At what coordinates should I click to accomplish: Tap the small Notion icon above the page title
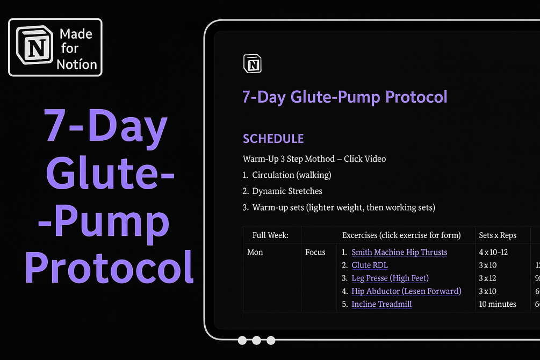click(252, 63)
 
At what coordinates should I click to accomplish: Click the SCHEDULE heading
click(273, 139)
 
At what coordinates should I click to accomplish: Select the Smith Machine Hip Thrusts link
click(399, 252)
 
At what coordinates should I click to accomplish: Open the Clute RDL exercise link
click(369, 265)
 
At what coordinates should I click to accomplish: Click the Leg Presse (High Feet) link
click(390, 278)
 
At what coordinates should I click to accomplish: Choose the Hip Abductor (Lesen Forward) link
click(406, 291)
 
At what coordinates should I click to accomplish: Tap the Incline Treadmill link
click(381, 304)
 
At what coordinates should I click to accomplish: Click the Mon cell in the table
click(255, 252)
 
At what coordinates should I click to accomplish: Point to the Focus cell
click(315, 252)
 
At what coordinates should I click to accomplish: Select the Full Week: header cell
click(270, 235)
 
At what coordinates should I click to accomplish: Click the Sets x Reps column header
click(498, 235)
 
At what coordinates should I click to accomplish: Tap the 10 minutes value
click(498, 304)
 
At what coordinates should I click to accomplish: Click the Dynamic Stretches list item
click(287, 191)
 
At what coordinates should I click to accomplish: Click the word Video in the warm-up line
click(375, 159)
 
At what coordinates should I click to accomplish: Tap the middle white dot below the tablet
click(256, 340)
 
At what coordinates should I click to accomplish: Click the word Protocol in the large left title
click(109, 267)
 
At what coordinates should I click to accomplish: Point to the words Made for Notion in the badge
click(78, 49)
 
